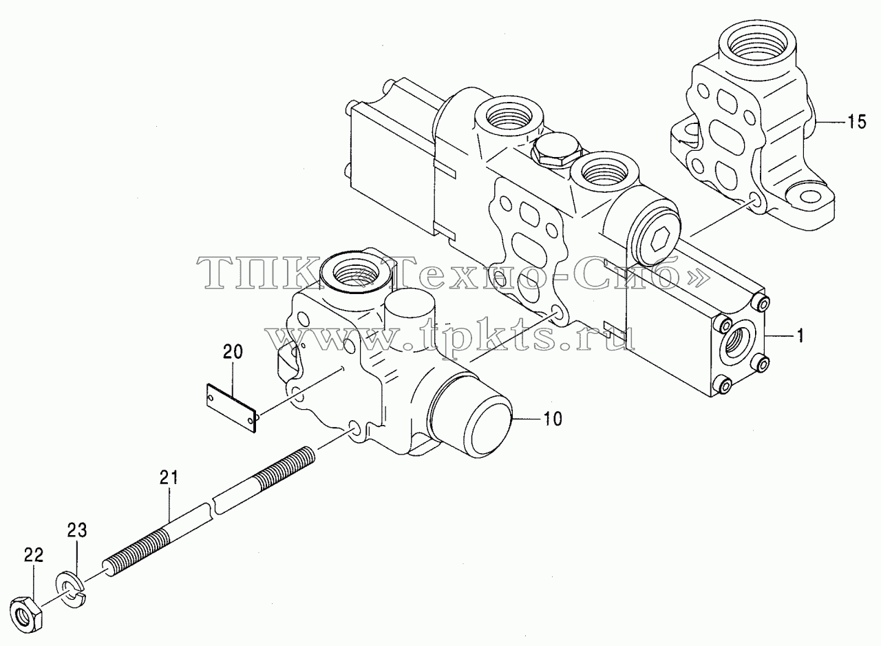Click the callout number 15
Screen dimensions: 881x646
[857, 122]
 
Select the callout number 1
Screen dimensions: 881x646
[799, 336]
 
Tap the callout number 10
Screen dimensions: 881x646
[553, 419]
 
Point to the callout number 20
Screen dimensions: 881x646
[233, 352]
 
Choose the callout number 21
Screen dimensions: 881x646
[169, 478]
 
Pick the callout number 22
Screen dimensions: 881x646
[34, 555]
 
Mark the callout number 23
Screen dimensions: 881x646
[76, 530]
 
